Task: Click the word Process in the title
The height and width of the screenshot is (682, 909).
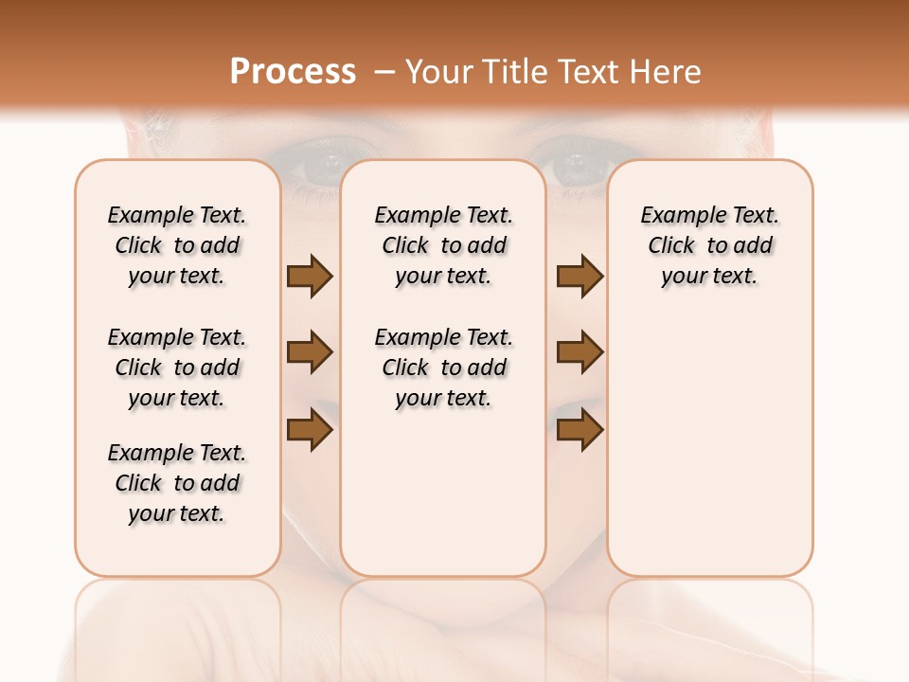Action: coord(293,71)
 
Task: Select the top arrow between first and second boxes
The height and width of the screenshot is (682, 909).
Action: coord(310,276)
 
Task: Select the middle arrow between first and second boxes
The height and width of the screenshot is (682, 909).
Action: coord(310,352)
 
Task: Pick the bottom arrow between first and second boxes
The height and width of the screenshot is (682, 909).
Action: coord(310,431)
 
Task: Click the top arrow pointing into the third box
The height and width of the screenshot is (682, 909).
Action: coord(580,276)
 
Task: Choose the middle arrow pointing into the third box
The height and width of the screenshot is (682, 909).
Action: coord(580,352)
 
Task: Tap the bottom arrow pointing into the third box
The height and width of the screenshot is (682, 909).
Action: coord(580,431)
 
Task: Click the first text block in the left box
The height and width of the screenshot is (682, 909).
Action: coord(177,245)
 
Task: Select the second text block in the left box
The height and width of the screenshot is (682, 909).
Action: coord(177,368)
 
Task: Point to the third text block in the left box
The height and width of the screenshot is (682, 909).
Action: coord(177,483)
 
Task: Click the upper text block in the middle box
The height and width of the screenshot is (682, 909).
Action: coord(443,245)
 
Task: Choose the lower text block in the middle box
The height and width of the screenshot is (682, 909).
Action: coord(443,368)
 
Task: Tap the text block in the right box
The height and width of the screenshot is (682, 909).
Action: coord(709,245)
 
